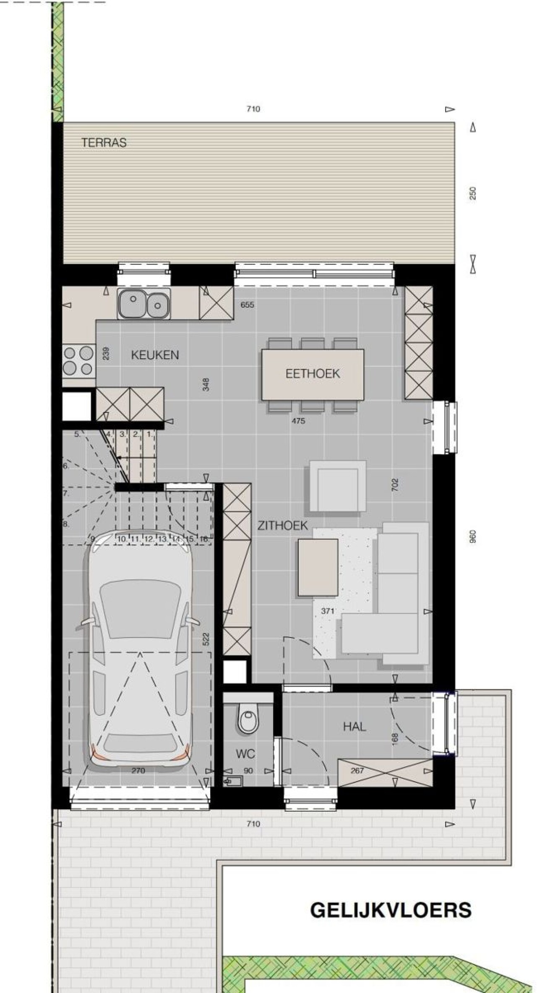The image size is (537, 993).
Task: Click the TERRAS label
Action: (x=104, y=143)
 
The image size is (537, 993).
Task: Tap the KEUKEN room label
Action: (x=155, y=355)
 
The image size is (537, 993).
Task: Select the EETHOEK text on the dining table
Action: (x=313, y=374)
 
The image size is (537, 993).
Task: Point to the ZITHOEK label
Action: (x=283, y=526)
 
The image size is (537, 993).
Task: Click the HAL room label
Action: (x=355, y=727)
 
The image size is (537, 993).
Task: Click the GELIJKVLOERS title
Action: (x=391, y=911)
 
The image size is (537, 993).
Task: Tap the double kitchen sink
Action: (x=144, y=304)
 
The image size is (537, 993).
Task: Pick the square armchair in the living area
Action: (x=338, y=486)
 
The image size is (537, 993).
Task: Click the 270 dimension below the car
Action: (x=138, y=770)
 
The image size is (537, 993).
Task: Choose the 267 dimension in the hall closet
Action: (x=357, y=770)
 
